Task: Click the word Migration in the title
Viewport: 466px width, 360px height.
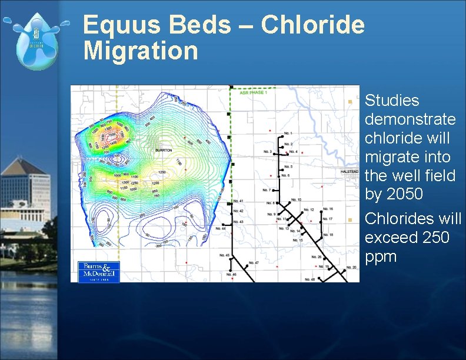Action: (x=141, y=51)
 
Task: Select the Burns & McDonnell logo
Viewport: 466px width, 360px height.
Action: (x=99, y=271)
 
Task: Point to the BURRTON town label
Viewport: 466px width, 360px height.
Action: (x=164, y=150)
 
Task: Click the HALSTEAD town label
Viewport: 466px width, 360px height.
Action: (x=349, y=171)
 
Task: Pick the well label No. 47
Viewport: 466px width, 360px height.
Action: (x=254, y=262)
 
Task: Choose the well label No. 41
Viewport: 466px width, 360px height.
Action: (x=238, y=201)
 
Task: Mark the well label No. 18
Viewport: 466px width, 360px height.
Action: (x=328, y=235)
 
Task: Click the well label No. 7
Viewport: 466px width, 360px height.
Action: (x=266, y=190)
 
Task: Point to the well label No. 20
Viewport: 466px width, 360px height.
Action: (x=351, y=268)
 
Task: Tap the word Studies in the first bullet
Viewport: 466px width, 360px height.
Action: (x=392, y=101)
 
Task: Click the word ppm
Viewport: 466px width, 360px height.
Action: (x=381, y=256)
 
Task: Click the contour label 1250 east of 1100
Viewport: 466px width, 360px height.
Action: (x=162, y=172)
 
